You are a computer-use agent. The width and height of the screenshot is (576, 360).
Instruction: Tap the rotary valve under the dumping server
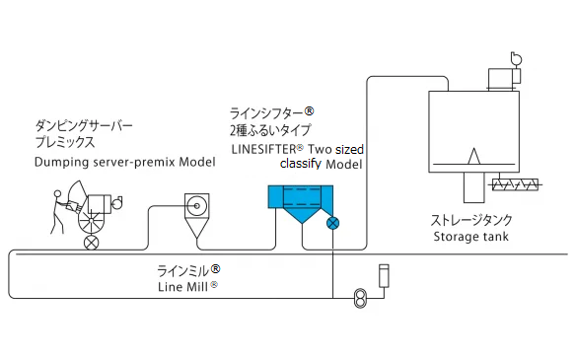[x=92, y=242]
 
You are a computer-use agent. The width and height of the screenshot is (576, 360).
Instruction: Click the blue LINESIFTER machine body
[x=299, y=197]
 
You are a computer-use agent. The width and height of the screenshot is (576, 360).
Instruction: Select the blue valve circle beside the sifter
[x=333, y=224]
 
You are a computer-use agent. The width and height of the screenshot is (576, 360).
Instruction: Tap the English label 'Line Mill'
[x=184, y=287]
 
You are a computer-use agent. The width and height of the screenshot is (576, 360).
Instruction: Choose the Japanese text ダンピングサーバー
[x=83, y=126]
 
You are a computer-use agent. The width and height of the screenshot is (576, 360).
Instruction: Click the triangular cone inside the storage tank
[x=472, y=156]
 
